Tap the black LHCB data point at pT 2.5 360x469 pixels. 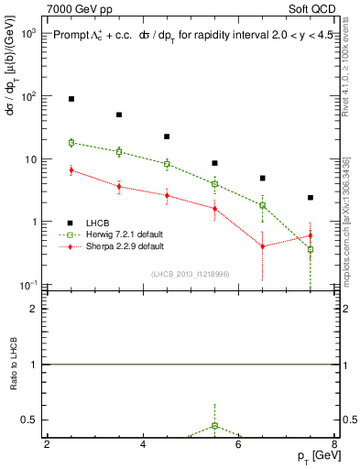tap(71, 99)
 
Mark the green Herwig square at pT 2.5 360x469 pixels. tap(71, 143)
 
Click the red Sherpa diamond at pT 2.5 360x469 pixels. tap(71, 169)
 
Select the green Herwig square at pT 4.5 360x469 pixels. tap(167, 164)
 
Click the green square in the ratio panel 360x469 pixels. tap(214, 426)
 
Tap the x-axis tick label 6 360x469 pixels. tap(238, 444)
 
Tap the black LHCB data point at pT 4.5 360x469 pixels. tap(167, 136)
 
